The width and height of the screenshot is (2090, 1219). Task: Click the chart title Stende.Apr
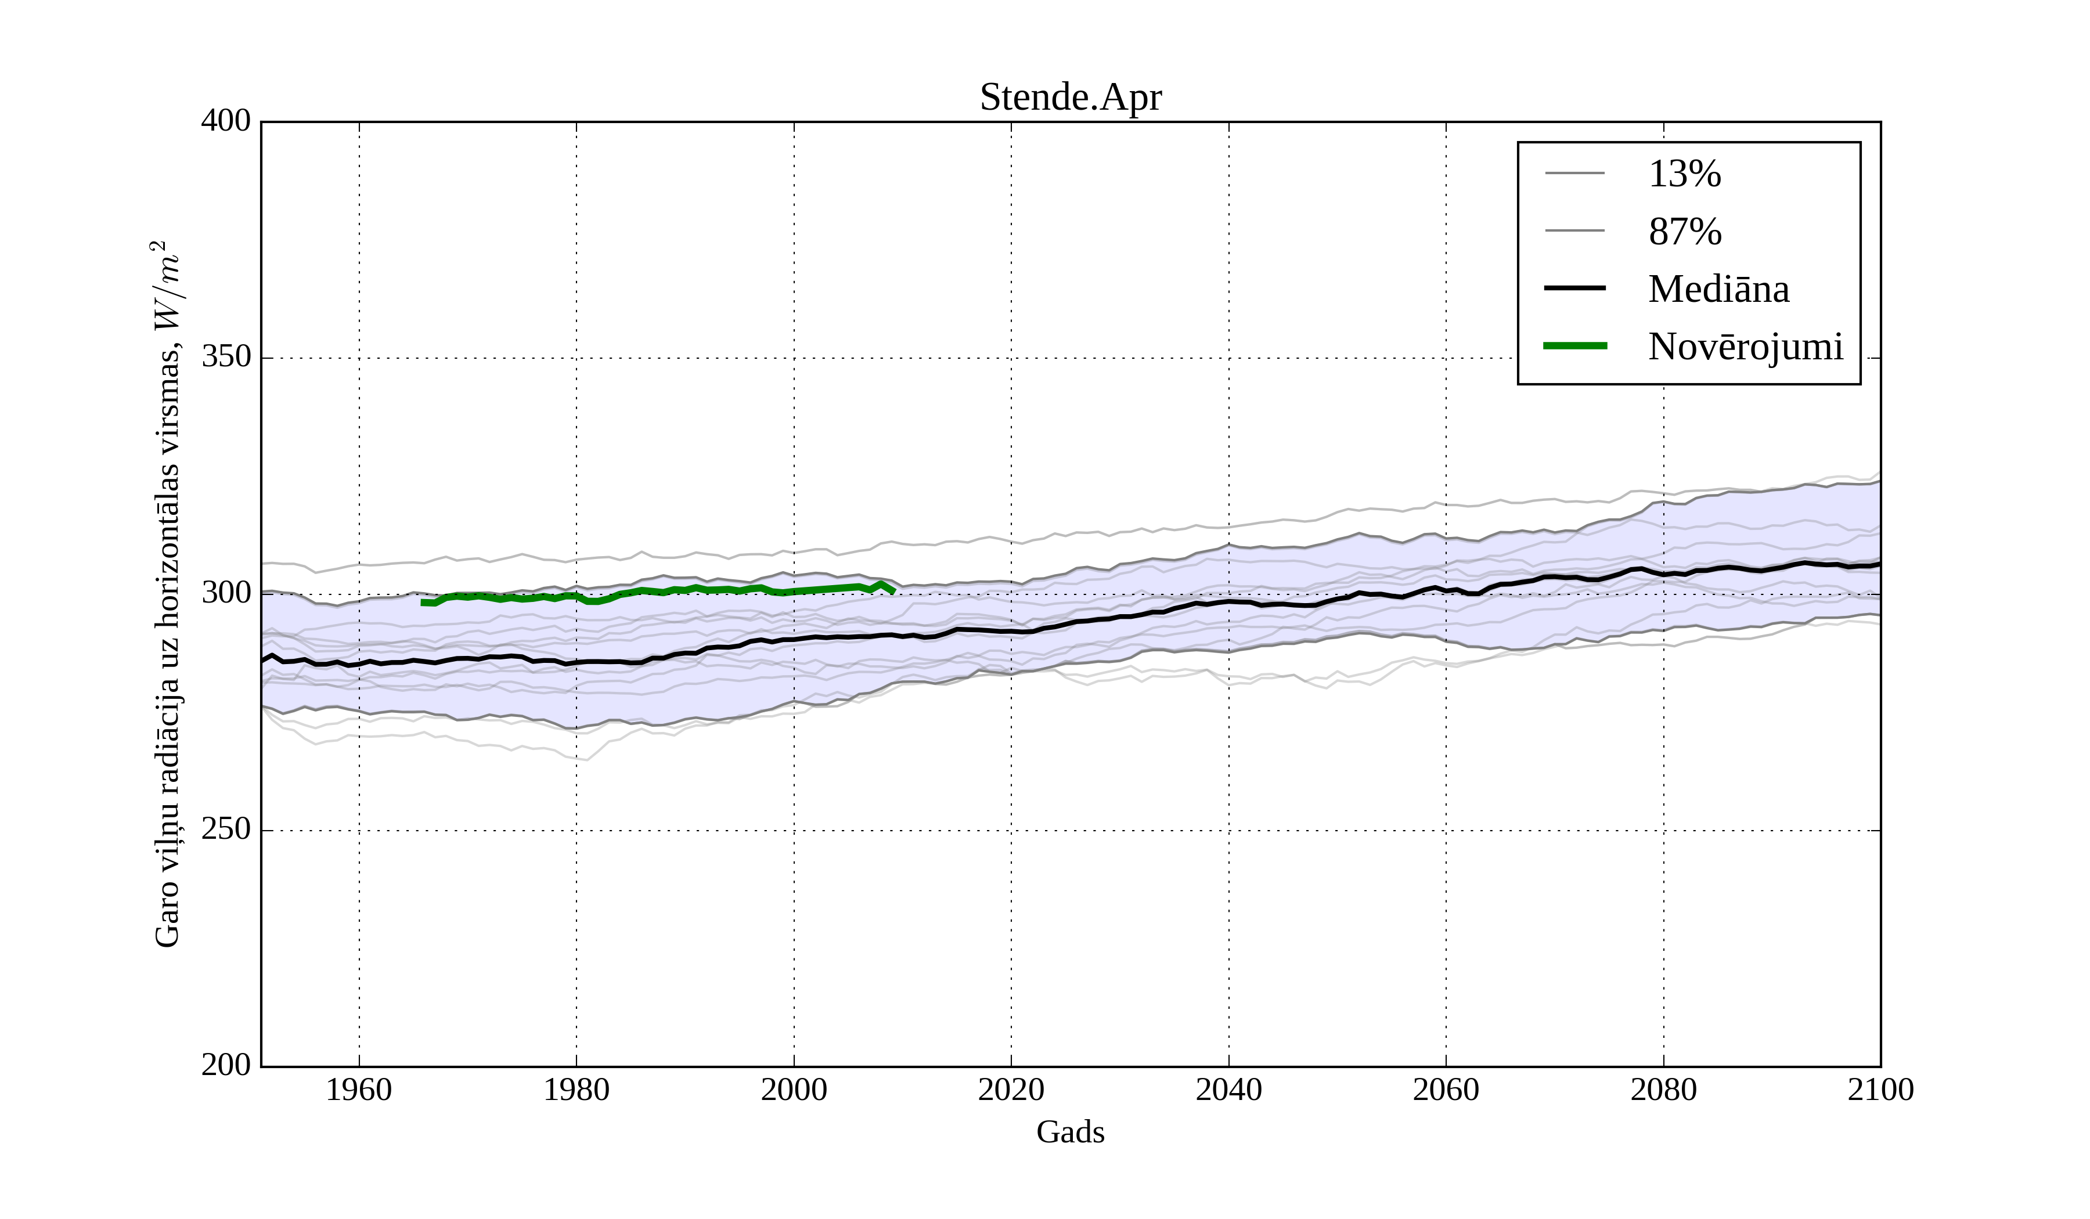pos(1070,98)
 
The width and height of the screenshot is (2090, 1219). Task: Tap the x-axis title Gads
pos(1070,1132)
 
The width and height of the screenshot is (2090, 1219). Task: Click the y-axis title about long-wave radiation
pos(167,594)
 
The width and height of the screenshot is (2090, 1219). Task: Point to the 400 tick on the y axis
pos(226,121)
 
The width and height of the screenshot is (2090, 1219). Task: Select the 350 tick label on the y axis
pos(226,358)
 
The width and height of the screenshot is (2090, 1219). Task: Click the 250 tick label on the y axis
pos(226,830)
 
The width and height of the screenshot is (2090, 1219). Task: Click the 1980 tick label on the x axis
pos(576,1090)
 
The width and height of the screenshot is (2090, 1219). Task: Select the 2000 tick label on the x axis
pos(794,1090)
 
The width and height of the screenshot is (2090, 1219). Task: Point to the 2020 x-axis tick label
pos(1011,1090)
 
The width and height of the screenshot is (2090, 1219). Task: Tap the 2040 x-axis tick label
pos(1228,1090)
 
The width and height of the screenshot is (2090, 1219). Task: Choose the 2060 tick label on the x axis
pos(1446,1090)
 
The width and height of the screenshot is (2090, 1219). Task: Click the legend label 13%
pos(1684,174)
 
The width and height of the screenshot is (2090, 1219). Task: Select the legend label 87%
pos(1684,232)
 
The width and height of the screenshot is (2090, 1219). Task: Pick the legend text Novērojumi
pos(1745,347)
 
